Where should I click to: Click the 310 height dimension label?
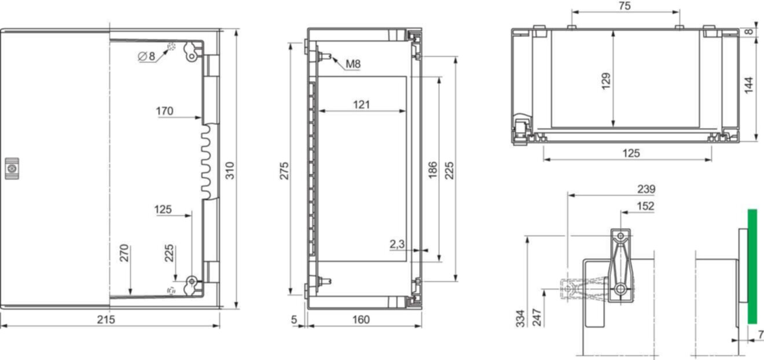pos(230,171)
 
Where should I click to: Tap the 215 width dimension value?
pos(106,319)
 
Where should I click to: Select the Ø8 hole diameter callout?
pos(146,56)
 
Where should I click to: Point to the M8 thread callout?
pos(353,64)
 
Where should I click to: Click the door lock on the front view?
pos(12,168)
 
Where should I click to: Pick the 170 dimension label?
pos(164,111)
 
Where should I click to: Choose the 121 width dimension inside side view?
pos(361,105)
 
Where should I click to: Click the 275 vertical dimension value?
pos(284,171)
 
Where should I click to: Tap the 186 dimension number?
pos(432,170)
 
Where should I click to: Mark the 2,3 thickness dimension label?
pos(397,244)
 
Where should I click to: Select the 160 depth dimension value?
pos(361,319)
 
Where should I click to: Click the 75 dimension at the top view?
pos(625,6)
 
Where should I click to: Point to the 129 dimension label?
pos(606,81)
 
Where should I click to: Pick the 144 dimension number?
pos(748,85)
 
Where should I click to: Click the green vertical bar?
pos(752,266)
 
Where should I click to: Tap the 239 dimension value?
pos(647,189)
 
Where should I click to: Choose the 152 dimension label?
pos(646,206)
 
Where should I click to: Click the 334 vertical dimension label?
pos(520,318)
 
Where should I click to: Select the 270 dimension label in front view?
pos(124,253)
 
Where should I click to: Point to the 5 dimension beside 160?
pos(294,319)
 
